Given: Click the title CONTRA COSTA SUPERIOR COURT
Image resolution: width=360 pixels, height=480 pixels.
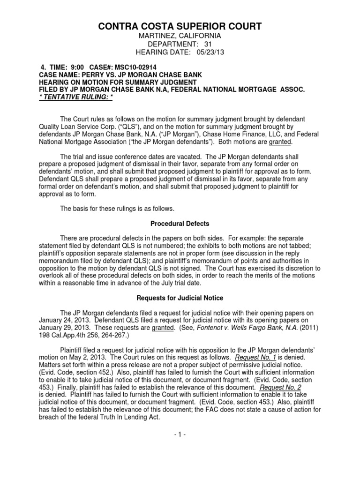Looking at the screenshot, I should coord(180,26).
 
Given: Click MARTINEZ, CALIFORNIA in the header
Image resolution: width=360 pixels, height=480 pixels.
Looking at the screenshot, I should coord(180,35).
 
